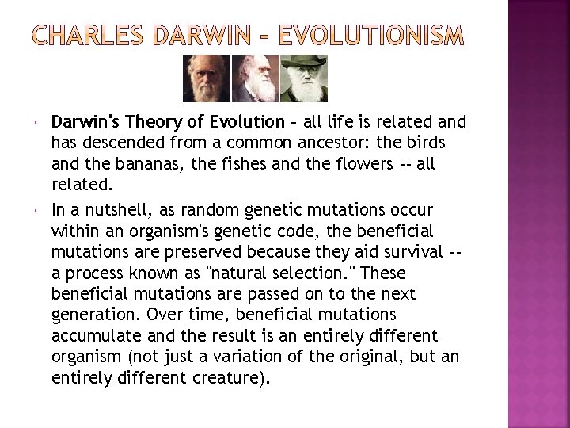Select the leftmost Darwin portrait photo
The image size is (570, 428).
[200, 79]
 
